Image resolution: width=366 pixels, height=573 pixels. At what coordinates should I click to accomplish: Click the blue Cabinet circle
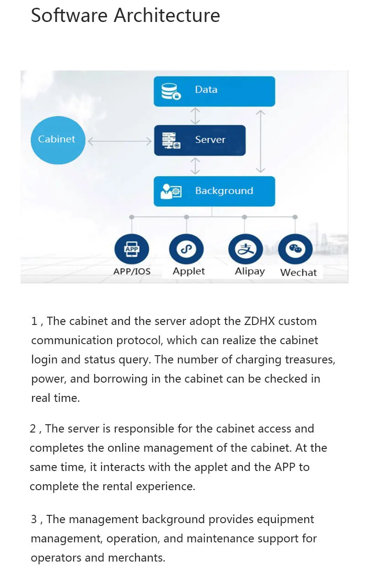point(57,140)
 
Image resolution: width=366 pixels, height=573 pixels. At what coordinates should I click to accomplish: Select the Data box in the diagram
point(214,91)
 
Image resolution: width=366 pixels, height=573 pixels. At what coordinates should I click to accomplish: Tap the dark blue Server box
point(199,140)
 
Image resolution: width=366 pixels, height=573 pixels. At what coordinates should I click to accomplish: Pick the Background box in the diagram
point(214,191)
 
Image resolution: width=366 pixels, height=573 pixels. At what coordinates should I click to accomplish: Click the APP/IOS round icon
point(131,249)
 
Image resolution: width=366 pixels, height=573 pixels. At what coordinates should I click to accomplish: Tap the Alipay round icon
point(245,249)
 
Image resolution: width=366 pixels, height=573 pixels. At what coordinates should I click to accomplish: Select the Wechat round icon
point(295,249)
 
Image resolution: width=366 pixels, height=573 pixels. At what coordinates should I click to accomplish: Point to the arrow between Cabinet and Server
point(119,141)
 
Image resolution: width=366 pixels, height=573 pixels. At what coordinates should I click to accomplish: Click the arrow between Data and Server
point(195,116)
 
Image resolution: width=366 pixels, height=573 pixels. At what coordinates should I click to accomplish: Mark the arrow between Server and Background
point(195,166)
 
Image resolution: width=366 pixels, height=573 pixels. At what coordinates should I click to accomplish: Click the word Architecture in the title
point(167,16)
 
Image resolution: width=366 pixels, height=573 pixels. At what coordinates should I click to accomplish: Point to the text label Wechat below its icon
point(298,272)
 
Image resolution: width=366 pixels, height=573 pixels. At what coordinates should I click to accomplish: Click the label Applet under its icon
point(188,271)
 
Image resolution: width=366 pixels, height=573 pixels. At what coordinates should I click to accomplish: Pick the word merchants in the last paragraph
point(136,558)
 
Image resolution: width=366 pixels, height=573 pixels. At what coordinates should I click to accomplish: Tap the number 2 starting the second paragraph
point(33,429)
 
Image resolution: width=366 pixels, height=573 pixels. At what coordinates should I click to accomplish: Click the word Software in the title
point(69,16)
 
